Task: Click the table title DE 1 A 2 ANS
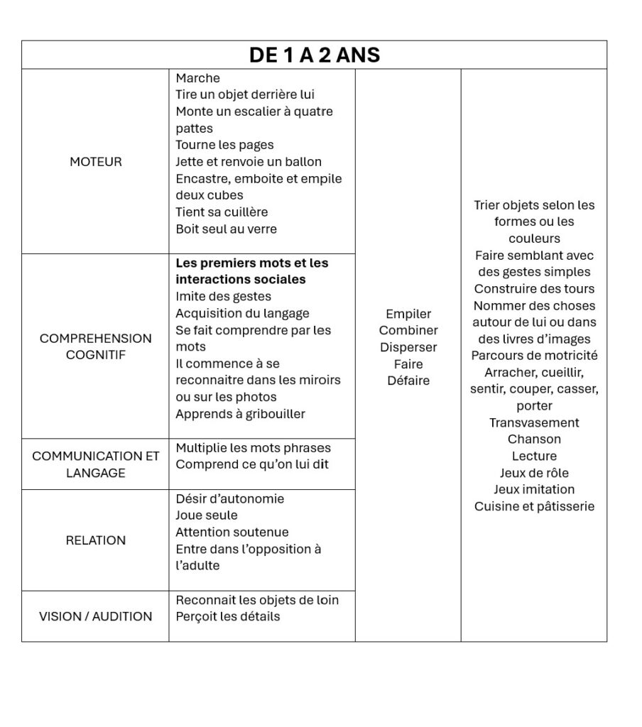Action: coord(314,55)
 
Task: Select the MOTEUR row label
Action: coord(96,162)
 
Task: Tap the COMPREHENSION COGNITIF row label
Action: coord(96,346)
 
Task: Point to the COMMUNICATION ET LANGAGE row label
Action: coord(96,464)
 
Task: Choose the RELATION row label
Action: coord(96,540)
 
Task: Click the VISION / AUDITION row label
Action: coord(96,616)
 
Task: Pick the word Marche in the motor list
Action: coord(198,78)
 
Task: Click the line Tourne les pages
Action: coord(224,145)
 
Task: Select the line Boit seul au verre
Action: coord(227,229)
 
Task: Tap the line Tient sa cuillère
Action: coord(222,212)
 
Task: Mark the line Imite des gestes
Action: coord(224,296)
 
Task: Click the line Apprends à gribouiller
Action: coord(241,414)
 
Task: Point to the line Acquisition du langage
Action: coord(243,313)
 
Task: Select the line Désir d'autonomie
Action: coord(230,498)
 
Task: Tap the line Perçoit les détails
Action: coord(228,616)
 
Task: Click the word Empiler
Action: coord(408,314)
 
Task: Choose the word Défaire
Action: coord(408,381)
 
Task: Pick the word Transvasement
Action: coord(534,422)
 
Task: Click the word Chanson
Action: coord(534,439)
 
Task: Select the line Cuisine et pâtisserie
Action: coord(534,506)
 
